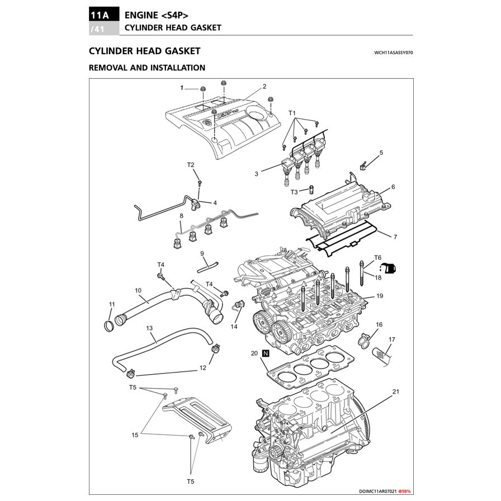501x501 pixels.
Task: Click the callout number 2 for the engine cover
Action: point(264,86)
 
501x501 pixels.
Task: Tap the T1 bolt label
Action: point(292,114)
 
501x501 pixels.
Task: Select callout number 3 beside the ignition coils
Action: point(256,174)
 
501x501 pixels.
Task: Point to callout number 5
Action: point(381,152)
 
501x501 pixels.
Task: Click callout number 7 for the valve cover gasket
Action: point(395,237)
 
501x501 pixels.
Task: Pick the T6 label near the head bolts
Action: point(377,257)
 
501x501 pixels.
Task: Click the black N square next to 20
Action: point(266,353)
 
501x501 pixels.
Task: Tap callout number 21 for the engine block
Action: point(396,391)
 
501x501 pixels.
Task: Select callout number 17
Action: point(392,339)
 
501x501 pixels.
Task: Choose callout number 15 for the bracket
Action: point(135,434)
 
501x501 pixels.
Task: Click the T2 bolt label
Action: point(191,164)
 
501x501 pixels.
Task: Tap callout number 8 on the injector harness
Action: point(181,215)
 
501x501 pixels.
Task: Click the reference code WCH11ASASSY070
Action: point(394,53)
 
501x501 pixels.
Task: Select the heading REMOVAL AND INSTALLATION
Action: point(147,68)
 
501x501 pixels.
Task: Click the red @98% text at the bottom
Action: point(404,491)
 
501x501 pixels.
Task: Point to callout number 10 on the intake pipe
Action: point(138,290)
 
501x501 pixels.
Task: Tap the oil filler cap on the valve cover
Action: point(370,197)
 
